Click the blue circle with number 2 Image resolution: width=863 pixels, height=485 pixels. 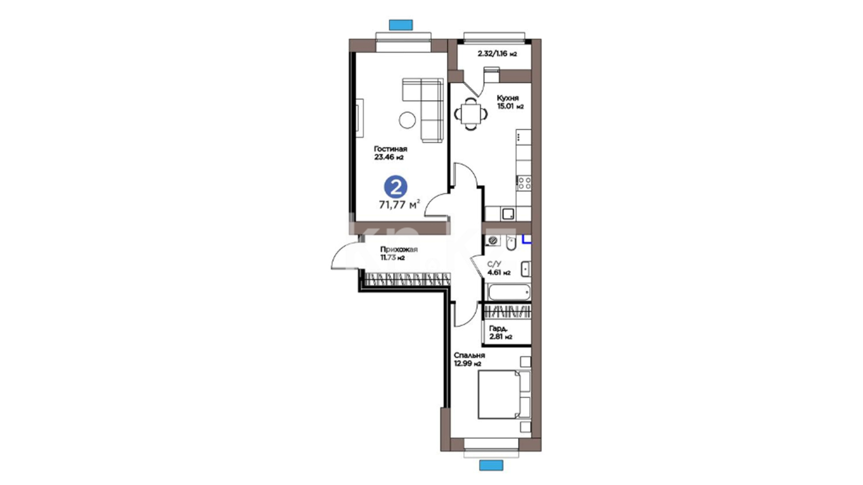pos(396,187)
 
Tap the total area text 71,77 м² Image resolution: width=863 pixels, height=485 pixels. pos(400,205)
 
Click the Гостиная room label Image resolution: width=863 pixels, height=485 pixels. pos(391,149)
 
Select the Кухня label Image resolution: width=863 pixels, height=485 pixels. pos(507,98)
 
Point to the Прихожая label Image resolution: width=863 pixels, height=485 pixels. pos(399,250)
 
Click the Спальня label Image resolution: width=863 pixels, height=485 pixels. pos(469,355)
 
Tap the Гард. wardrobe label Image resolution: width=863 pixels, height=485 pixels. pos(498,328)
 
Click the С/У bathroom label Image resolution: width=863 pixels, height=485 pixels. pos(494,264)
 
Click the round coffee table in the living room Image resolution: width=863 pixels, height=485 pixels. pos(407,119)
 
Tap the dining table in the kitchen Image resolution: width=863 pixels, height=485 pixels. pos(471,114)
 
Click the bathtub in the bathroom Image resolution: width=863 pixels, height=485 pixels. pos(509,292)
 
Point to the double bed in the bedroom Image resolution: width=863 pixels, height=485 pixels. pos(504,394)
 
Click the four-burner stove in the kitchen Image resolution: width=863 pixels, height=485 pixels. pos(524,183)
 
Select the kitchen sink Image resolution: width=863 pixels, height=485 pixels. pos(508,214)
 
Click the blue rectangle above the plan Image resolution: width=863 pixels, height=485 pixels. pos(400,24)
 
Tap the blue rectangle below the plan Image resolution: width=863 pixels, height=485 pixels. pos(491,465)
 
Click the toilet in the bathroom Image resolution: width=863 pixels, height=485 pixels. pos(511,242)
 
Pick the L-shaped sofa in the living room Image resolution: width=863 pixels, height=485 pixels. pos(423,110)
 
